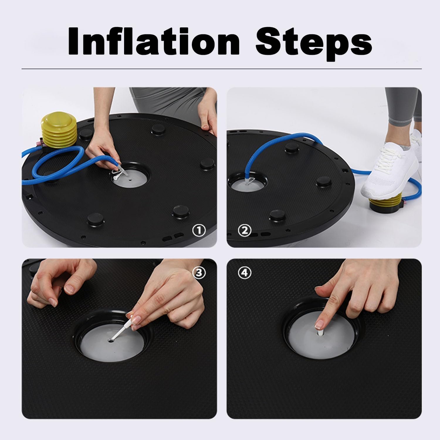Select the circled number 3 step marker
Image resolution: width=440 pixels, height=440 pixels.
pos(199,273)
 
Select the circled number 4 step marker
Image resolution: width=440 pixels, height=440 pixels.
pos(245,273)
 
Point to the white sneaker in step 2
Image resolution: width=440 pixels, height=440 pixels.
pos(390,173)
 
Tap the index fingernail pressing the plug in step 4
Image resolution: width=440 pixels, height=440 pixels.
pos(318,324)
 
